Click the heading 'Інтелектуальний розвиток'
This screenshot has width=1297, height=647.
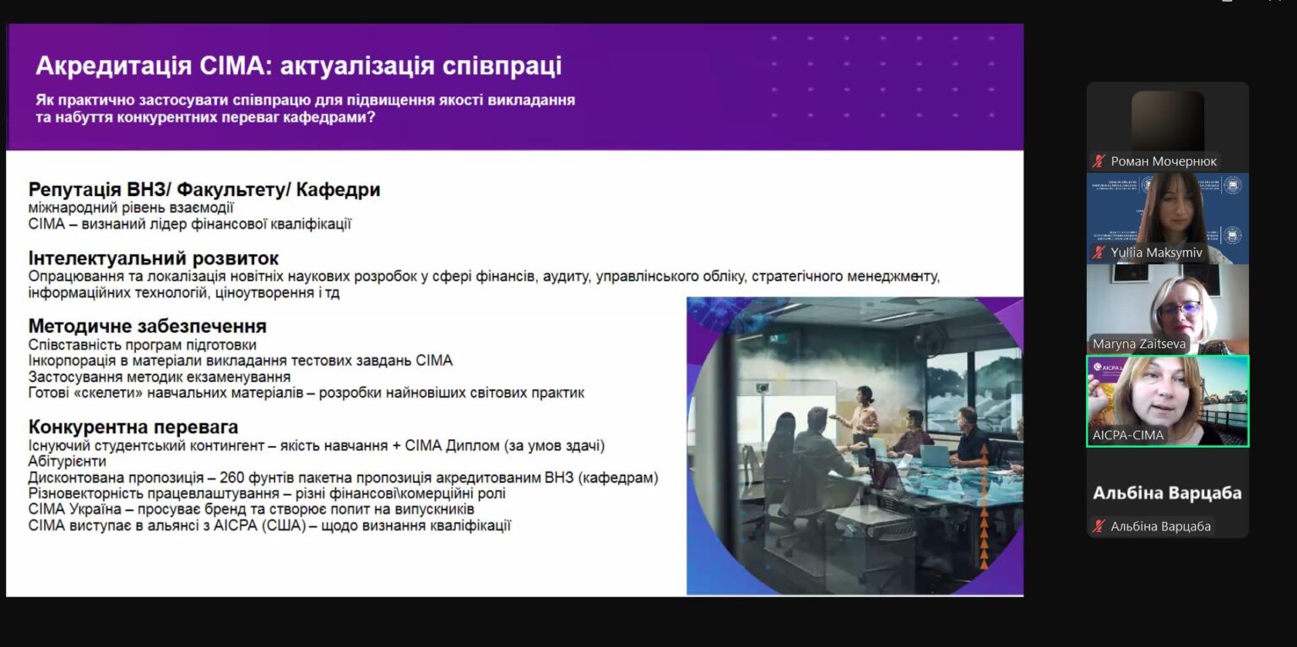click(x=154, y=258)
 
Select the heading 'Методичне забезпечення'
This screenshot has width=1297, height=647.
click(x=147, y=326)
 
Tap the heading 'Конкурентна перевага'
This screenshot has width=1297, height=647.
click(x=133, y=427)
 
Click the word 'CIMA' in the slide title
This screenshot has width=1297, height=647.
click(x=231, y=65)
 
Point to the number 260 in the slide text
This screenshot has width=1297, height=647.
click(x=232, y=478)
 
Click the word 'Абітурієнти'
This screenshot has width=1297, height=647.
click(x=68, y=462)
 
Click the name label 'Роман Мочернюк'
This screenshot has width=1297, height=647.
click(x=1164, y=161)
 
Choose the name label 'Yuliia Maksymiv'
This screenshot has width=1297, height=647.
click(x=1156, y=253)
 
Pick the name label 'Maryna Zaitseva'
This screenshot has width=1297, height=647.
click(x=1139, y=344)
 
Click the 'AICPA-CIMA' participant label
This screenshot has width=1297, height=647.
click(x=1127, y=435)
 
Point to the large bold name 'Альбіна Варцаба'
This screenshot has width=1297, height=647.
click(x=1167, y=493)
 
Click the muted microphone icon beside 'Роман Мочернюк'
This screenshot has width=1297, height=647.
click(x=1099, y=161)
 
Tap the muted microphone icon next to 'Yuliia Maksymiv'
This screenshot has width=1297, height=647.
click(x=1099, y=253)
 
